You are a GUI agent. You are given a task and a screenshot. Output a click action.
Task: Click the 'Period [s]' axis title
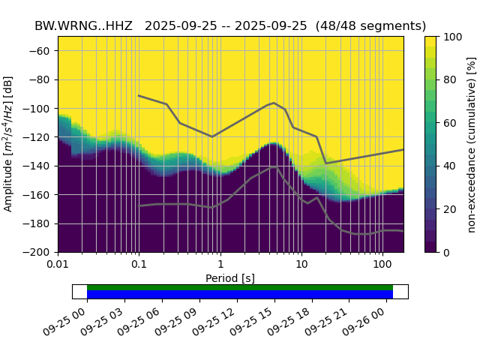click(x=230, y=278)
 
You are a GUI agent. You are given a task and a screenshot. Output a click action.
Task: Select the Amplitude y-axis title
click(x=9, y=144)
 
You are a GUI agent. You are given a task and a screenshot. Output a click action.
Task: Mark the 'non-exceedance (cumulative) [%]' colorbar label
click(x=472, y=144)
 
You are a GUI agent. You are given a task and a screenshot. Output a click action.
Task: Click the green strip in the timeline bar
click(x=240, y=287)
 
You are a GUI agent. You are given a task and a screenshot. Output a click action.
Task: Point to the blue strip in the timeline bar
click(x=240, y=295)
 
